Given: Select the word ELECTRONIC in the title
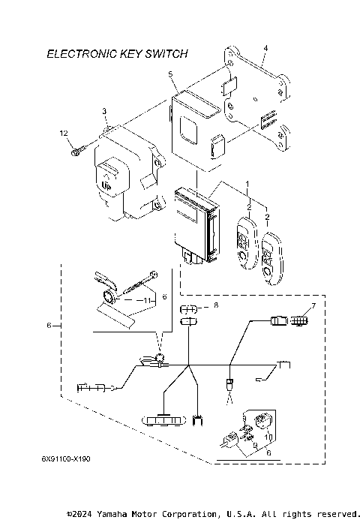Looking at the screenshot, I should point(77,54).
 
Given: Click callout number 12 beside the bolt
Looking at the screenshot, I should point(64,133).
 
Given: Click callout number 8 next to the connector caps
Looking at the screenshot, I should point(215,305).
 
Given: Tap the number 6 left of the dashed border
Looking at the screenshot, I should point(49,326).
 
